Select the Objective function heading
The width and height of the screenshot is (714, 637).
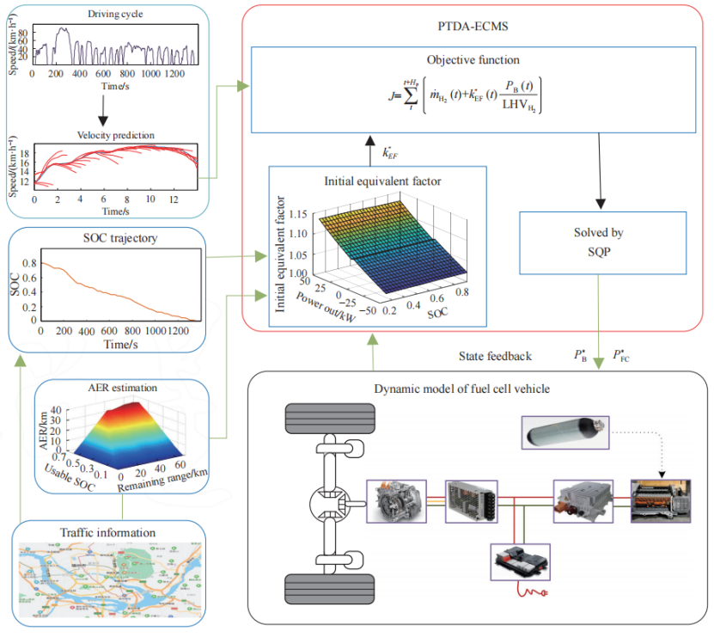(x=473, y=60)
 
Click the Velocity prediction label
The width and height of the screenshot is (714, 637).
(x=104, y=135)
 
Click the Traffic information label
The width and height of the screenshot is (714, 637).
(x=104, y=532)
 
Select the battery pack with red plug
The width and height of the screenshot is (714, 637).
(x=519, y=562)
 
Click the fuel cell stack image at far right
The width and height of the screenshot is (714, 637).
(x=661, y=504)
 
